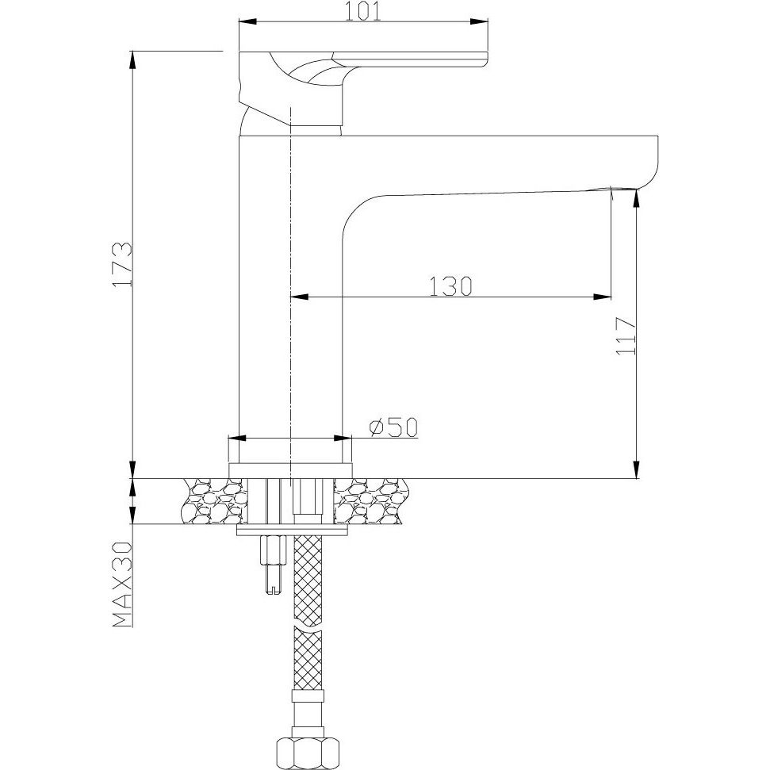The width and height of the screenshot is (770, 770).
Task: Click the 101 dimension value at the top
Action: tap(363, 12)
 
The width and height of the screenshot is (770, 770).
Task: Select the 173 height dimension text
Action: tap(122, 264)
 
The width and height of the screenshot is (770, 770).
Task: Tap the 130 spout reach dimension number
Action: tap(450, 286)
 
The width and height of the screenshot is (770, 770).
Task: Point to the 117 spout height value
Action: tap(626, 336)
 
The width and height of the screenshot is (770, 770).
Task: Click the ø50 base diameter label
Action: tap(393, 427)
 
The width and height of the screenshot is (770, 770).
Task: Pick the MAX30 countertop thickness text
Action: tap(122, 584)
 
